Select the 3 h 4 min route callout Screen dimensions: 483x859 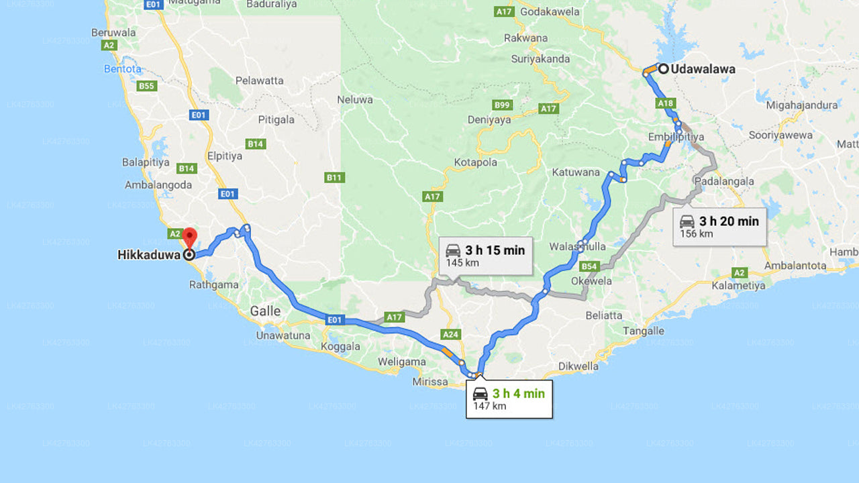509,399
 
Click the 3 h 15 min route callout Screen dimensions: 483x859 486,256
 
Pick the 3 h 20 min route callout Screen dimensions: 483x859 719,227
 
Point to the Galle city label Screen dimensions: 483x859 265,311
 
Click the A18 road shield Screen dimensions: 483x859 666,103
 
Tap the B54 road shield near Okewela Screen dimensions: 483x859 589,266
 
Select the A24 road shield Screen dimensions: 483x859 450,333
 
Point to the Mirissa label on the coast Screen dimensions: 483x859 430,382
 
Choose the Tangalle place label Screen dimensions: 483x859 643,331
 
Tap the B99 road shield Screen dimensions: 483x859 502,105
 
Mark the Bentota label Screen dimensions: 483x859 123,68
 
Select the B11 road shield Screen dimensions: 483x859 334,177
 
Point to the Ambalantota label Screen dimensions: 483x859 795,266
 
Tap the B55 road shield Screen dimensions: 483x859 146,86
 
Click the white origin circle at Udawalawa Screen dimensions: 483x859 663,68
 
